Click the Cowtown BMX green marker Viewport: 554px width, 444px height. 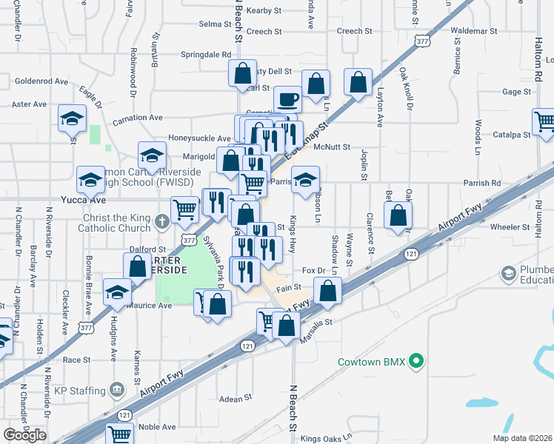click(416, 362)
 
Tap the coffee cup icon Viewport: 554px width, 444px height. click(287, 98)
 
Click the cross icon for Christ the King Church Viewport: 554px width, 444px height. click(163, 221)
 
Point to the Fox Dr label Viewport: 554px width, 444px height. click(315, 272)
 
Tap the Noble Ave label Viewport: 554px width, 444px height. click(157, 427)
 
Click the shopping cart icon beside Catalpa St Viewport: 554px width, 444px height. click(544, 122)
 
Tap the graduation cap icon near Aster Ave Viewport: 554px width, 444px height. click(73, 118)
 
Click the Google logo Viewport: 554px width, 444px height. click(24, 435)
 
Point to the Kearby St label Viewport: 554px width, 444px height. click(264, 10)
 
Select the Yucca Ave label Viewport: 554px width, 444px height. click(88, 200)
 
